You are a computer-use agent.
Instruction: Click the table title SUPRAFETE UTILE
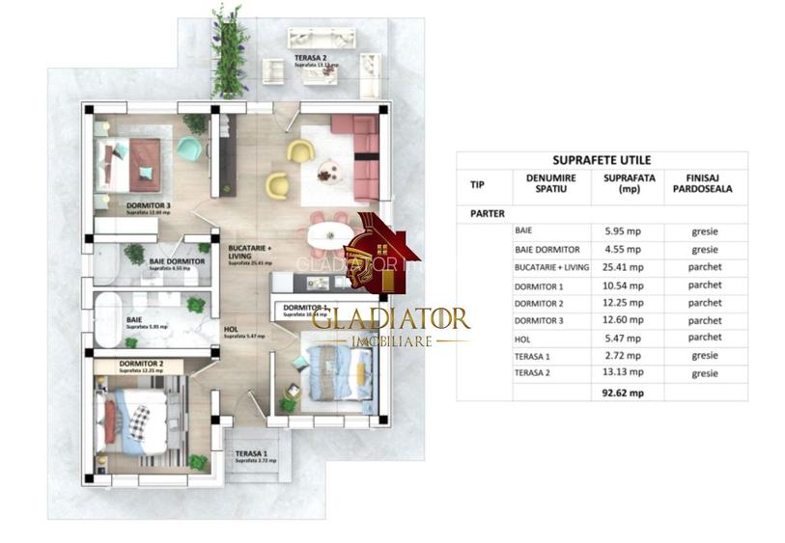[602, 159]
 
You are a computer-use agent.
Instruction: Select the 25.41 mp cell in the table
[630, 267]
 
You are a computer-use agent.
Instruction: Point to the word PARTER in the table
[488, 214]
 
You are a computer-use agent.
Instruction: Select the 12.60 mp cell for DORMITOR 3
[630, 320]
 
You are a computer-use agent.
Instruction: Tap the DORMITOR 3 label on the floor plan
[148, 205]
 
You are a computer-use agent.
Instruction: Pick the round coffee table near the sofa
[329, 171]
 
